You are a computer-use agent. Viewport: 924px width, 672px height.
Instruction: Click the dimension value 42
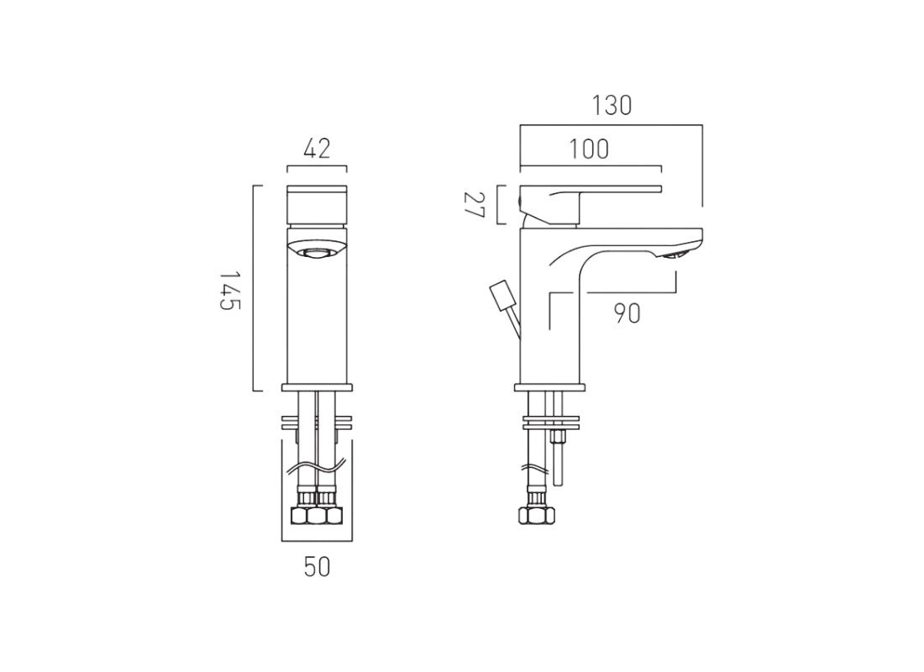[x=317, y=149]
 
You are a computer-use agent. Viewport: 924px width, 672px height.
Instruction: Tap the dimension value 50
[x=317, y=567]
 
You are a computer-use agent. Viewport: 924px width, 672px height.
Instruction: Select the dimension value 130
[x=612, y=106]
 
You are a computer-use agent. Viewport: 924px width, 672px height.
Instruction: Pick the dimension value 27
[x=475, y=204]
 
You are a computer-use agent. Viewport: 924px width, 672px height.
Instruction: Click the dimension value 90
[x=627, y=313]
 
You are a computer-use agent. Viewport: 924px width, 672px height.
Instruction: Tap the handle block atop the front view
[x=317, y=203]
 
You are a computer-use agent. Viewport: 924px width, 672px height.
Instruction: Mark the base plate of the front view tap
[x=317, y=387]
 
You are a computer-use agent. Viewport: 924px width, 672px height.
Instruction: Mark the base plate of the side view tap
[x=552, y=387]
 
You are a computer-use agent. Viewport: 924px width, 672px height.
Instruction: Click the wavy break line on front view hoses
[x=317, y=467]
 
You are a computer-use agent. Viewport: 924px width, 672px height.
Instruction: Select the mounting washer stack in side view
[x=552, y=423]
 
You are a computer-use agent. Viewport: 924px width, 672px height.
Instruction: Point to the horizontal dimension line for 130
[x=611, y=125]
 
